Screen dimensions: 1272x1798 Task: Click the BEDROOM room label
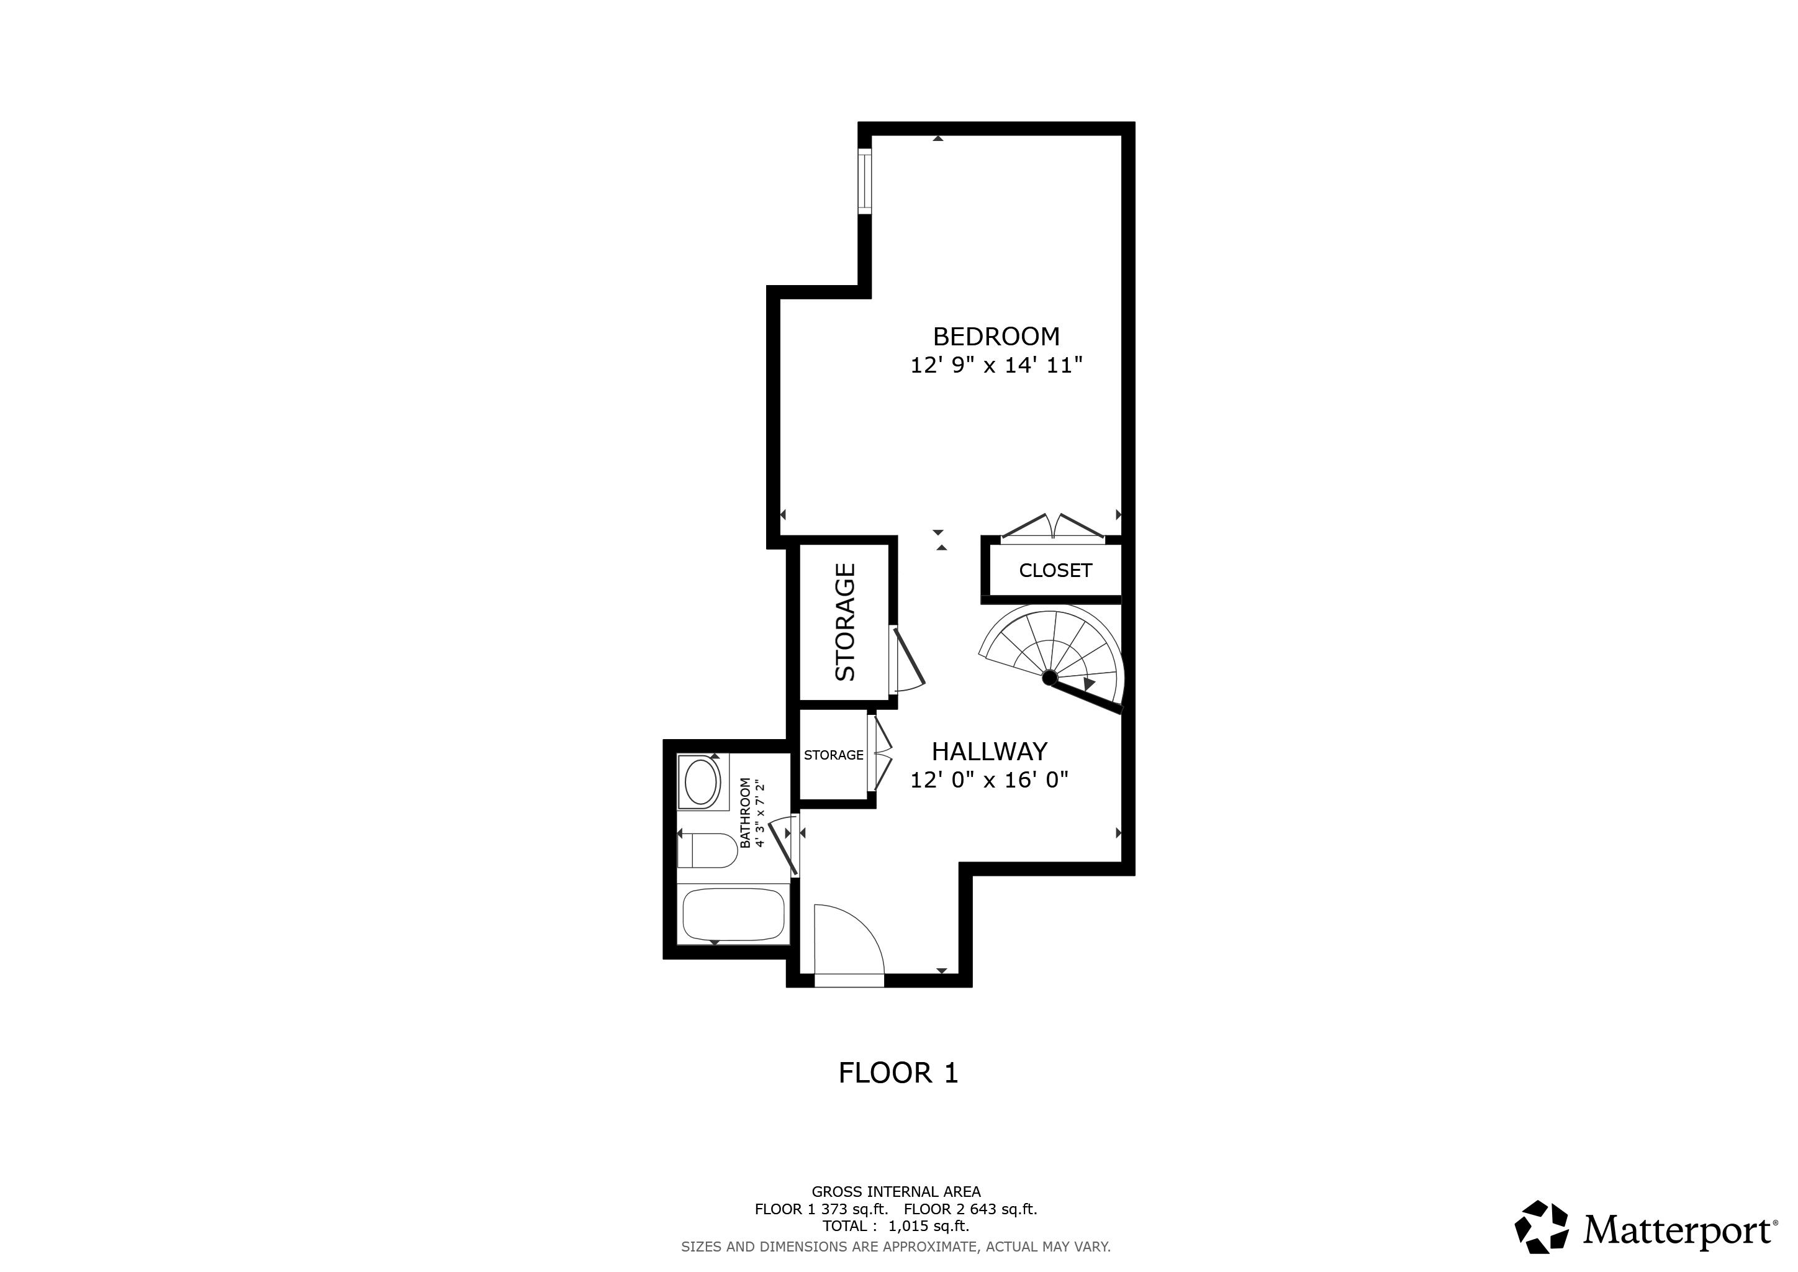tap(995, 336)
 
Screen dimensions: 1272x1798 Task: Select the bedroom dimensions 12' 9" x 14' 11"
tap(995, 365)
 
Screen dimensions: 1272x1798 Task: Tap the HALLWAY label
tap(988, 751)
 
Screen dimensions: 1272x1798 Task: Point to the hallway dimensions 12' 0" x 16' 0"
tap(988, 780)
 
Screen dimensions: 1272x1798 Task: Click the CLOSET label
tap(1054, 570)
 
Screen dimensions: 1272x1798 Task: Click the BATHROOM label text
tap(745, 812)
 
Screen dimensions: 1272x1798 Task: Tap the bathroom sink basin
tap(702, 782)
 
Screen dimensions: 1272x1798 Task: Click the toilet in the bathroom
tap(708, 851)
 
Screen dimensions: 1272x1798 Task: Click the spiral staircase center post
tap(1049, 677)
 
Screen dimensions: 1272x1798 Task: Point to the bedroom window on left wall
tap(865, 181)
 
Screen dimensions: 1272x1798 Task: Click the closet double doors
tap(1052, 529)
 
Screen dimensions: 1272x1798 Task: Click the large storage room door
tap(908, 658)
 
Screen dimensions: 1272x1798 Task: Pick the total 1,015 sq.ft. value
tap(928, 1226)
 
